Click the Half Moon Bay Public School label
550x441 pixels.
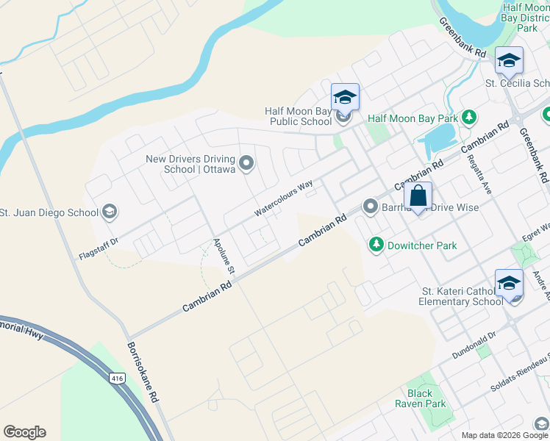point(298,116)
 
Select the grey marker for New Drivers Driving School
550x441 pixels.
point(246,162)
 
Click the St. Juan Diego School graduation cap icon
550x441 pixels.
point(109,212)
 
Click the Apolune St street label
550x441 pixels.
point(223,257)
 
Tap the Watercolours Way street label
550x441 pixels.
point(284,198)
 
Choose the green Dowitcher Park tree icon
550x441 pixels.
point(376,245)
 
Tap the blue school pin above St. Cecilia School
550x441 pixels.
point(508,62)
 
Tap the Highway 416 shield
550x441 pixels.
point(117,378)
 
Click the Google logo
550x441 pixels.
point(24,432)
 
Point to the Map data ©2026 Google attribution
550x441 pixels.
point(493,435)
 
